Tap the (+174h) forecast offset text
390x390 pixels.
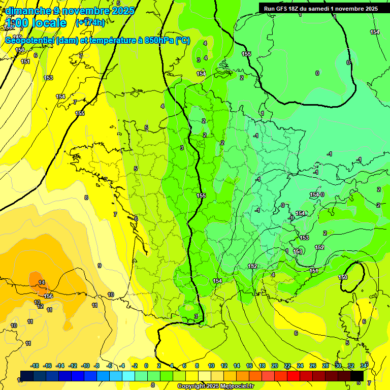(90, 23)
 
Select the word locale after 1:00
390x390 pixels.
(49, 23)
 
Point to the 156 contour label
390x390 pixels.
(48, 296)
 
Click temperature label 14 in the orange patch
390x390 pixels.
(42, 282)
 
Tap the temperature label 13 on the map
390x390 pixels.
(37, 302)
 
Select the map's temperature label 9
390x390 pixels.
(99, 266)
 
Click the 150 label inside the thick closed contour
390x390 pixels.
(343, 277)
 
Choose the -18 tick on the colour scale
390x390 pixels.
(35, 366)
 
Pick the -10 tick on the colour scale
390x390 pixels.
(85, 366)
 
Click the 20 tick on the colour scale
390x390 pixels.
(274, 366)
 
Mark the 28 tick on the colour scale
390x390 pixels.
(325, 366)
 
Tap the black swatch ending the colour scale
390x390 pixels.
(357, 376)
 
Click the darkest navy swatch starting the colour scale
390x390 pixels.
(27, 376)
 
